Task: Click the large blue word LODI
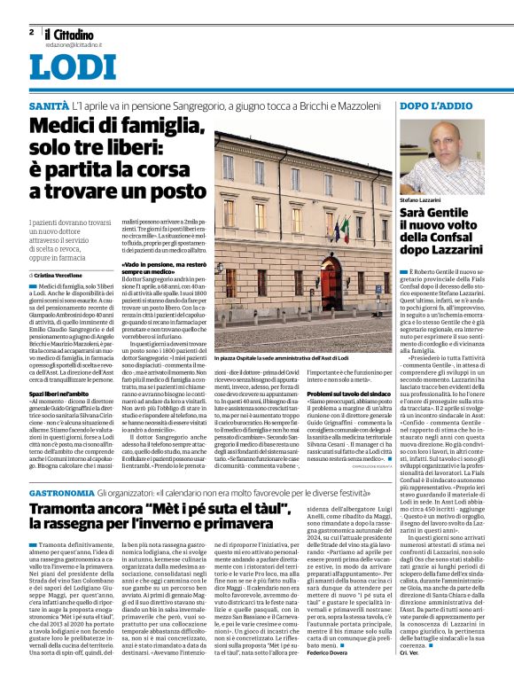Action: pyautogui.click(x=66, y=68)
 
